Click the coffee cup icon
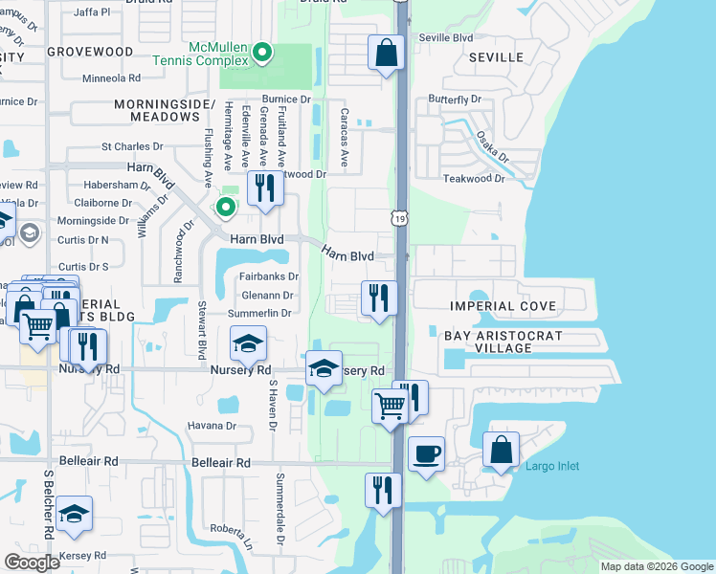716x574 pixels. (x=426, y=453)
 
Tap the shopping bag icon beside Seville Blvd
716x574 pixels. (x=386, y=54)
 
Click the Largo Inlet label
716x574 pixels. (x=552, y=466)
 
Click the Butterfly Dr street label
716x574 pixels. (x=455, y=99)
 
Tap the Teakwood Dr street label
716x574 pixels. (x=473, y=179)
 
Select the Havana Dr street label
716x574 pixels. (x=211, y=425)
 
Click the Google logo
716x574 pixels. (x=32, y=563)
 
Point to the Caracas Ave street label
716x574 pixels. (x=344, y=137)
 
